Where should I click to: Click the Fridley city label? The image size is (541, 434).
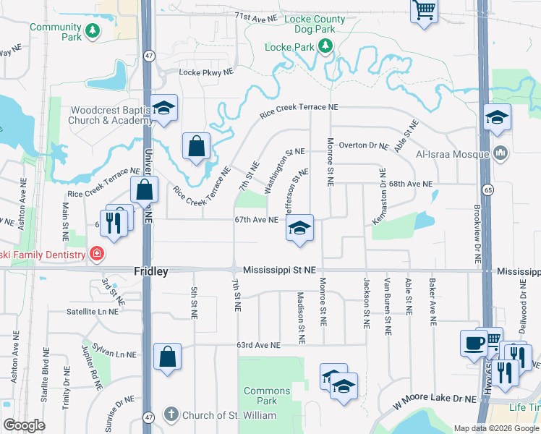click(151, 271)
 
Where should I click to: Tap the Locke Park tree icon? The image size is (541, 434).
click(325, 47)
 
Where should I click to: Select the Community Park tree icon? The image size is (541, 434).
click(92, 30)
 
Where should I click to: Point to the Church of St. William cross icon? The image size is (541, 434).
click(171, 414)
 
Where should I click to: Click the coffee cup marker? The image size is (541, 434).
click(473, 342)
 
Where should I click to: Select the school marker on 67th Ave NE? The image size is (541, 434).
click(299, 228)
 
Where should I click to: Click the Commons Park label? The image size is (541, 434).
click(266, 396)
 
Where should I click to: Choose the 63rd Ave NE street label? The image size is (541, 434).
click(258, 346)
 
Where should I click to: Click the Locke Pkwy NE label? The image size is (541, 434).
click(207, 72)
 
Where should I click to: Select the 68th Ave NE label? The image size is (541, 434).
click(409, 184)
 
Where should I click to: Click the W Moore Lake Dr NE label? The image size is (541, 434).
click(435, 399)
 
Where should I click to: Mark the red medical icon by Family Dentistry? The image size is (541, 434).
click(96, 253)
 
